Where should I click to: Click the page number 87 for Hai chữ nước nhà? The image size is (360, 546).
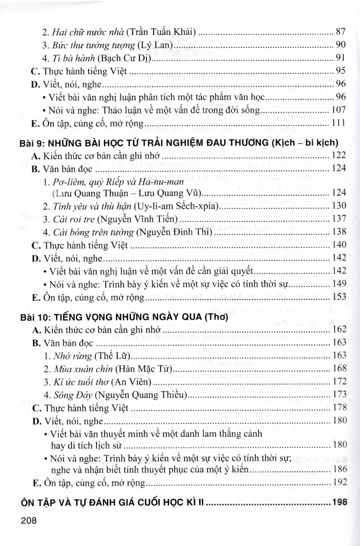point(340,32)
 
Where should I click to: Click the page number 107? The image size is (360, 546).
point(339,110)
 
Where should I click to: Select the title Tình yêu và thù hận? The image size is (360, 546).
point(92,206)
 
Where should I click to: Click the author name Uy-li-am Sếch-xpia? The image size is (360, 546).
point(176,206)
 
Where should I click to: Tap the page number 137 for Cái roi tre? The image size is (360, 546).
point(339,219)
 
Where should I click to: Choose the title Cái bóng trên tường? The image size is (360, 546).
point(92,232)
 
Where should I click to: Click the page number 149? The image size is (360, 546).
point(340,284)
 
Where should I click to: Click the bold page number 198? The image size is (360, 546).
point(340,502)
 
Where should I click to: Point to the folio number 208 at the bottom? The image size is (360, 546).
point(29,521)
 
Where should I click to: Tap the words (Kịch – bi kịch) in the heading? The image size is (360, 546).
point(305,143)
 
